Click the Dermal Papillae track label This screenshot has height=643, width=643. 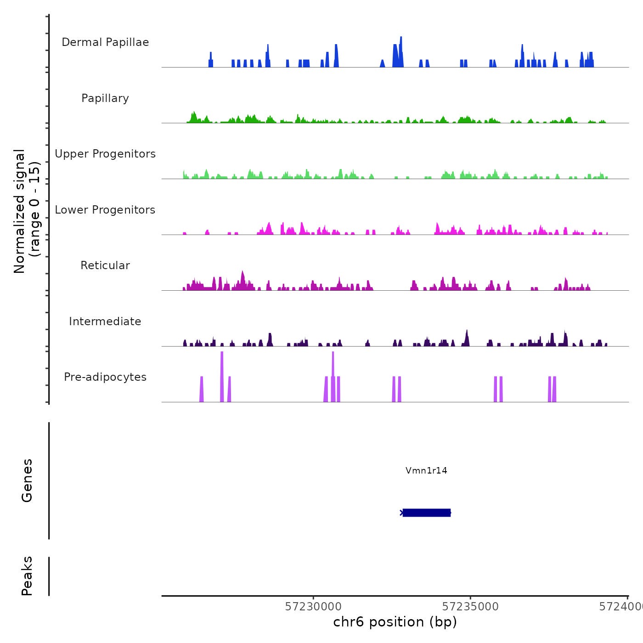tap(105, 42)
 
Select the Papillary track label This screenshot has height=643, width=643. tap(105, 98)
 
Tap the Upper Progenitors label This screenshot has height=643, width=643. tap(105, 154)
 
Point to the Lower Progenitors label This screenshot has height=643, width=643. tap(105, 210)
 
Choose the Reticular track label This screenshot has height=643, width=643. tap(105, 265)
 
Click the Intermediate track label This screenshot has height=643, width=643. tap(105, 321)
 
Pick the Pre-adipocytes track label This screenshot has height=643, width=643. tap(105, 377)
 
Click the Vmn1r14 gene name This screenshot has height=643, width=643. tap(426, 470)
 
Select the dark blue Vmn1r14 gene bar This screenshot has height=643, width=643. tap(426, 513)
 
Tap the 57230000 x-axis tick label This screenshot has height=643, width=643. tap(313, 607)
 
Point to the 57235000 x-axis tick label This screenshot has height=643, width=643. tap(470, 607)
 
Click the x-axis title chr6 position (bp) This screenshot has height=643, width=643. tap(395, 622)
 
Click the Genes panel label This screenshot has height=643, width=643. tap(27, 480)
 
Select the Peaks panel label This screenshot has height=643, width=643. tap(27, 576)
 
